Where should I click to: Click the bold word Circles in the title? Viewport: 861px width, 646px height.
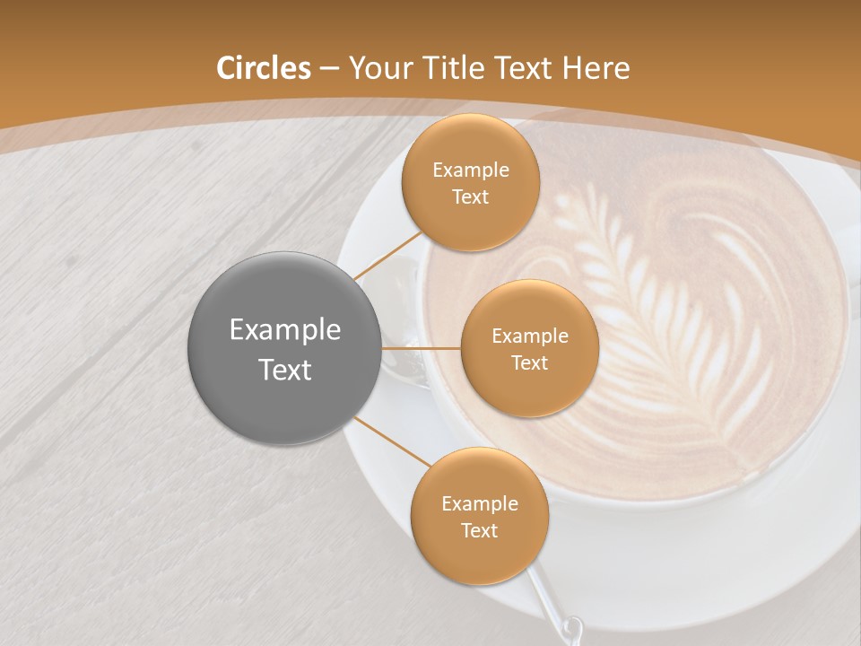point(263,68)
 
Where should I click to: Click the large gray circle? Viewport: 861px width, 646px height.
point(284,348)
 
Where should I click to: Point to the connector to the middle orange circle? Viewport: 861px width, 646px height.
point(421,348)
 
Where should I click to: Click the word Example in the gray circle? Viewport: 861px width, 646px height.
point(284,330)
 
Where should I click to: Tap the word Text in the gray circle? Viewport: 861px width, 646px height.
point(284,370)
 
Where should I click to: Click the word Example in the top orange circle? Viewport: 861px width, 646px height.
point(471,170)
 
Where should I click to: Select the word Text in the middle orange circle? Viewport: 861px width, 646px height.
point(529,362)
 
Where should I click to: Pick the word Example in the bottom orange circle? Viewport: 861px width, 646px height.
point(479,503)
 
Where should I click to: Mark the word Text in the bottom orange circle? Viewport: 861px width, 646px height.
point(479,530)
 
